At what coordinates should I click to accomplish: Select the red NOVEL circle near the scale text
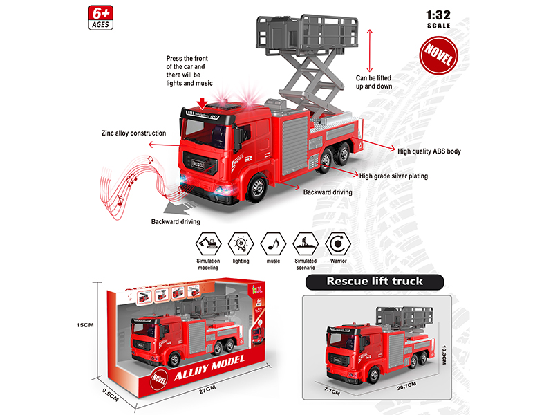tap(434, 55)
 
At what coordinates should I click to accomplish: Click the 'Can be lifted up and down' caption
tap(384, 83)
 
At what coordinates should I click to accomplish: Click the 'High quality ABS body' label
tap(429, 150)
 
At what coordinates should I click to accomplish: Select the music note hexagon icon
tap(274, 243)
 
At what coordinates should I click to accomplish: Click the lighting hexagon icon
tap(241, 243)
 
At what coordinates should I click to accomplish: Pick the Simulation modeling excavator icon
tap(208, 243)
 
